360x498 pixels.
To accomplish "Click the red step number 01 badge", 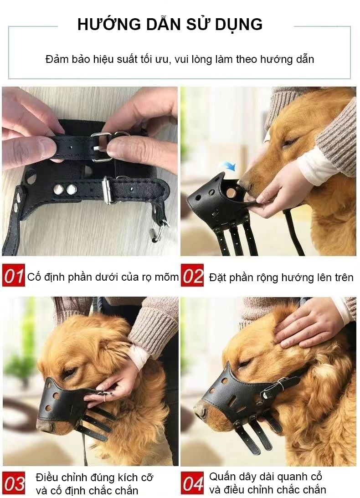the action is [13, 276].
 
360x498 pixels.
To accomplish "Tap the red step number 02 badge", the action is [192, 276].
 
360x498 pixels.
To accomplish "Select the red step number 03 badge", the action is [14, 484].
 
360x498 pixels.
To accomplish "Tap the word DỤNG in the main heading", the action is [238, 24].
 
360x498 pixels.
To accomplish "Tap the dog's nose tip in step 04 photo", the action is [199, 410].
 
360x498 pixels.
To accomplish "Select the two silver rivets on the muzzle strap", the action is [65, 190].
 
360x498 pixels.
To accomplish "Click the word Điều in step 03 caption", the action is [49, 477].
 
